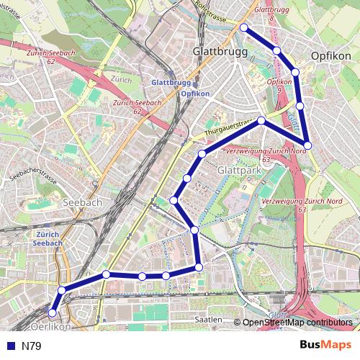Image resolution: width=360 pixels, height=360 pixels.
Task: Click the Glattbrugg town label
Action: pos(217,52)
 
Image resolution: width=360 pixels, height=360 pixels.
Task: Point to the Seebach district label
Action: pos(84,203)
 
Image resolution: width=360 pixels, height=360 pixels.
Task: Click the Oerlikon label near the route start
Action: pos(51,326)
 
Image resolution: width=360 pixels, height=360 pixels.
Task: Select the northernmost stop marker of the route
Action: pos(243,27)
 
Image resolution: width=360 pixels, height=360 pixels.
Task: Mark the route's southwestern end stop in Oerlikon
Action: pos(52,312)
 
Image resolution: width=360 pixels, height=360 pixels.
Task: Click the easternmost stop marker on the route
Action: pos(307,145)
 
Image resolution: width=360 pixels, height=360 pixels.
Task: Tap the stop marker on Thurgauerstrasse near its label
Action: pos(261,120)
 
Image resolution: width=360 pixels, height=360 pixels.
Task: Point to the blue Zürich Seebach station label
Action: pos(48,238)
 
